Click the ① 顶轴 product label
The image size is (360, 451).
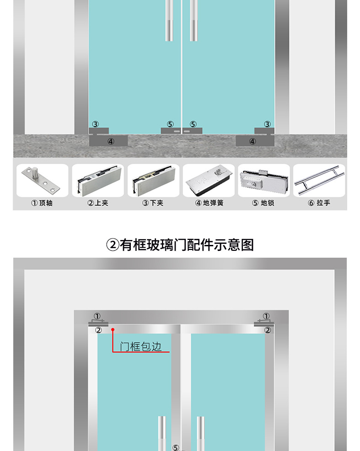tap(42, 203)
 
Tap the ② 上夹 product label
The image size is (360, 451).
tap(97, 203)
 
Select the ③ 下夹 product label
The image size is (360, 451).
tap(153, 203)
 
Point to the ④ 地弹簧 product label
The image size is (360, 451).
tap(209, 203)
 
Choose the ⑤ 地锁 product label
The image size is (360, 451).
tap(263, 203)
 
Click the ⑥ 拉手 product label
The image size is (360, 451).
tap(319, 203)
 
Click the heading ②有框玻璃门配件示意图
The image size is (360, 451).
tap(180, 245)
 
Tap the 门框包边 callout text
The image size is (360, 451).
tap(141, 346)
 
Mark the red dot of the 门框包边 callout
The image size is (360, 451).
tap(113, 329)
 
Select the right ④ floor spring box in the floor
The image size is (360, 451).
tap(253, 141)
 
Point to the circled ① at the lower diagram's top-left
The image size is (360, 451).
tap(97, 316)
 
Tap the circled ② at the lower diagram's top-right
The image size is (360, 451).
tap(268, 330)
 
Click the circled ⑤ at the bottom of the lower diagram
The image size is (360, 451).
tap(176, 448)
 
